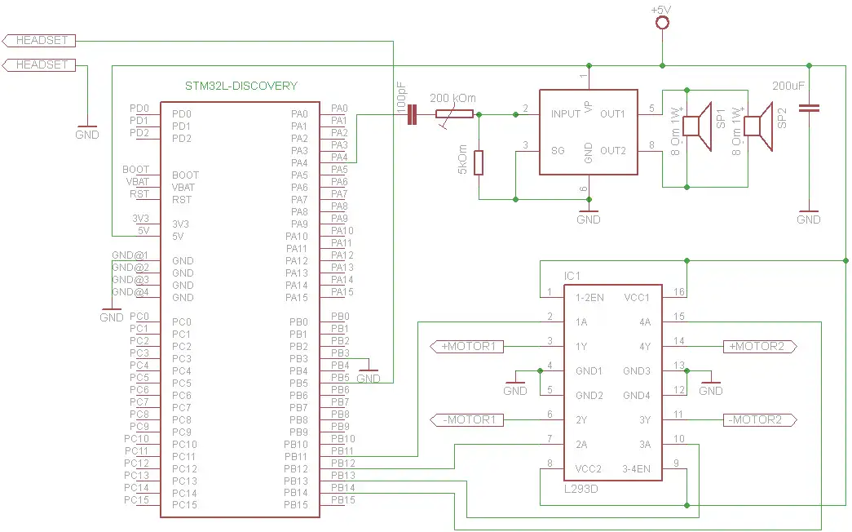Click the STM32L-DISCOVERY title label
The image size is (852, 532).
(x=241, y=86)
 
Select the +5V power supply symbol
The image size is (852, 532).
(x=661, y=22)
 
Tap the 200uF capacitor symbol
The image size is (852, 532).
(x=809, y=107)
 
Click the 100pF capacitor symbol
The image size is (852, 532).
(x=412, y=116)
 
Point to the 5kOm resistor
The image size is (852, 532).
(x=479, y=162)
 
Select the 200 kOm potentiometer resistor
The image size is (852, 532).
(x=455, y=115)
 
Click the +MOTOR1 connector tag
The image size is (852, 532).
(x=467, y=347)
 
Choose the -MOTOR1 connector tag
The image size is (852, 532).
(x=467, y=420)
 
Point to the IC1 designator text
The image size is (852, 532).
(x=573, y=276)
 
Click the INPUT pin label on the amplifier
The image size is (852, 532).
(x=565, y=114)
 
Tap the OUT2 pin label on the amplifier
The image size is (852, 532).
(x=612, y=151)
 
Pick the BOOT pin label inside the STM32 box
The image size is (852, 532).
(x=185, y=175)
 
